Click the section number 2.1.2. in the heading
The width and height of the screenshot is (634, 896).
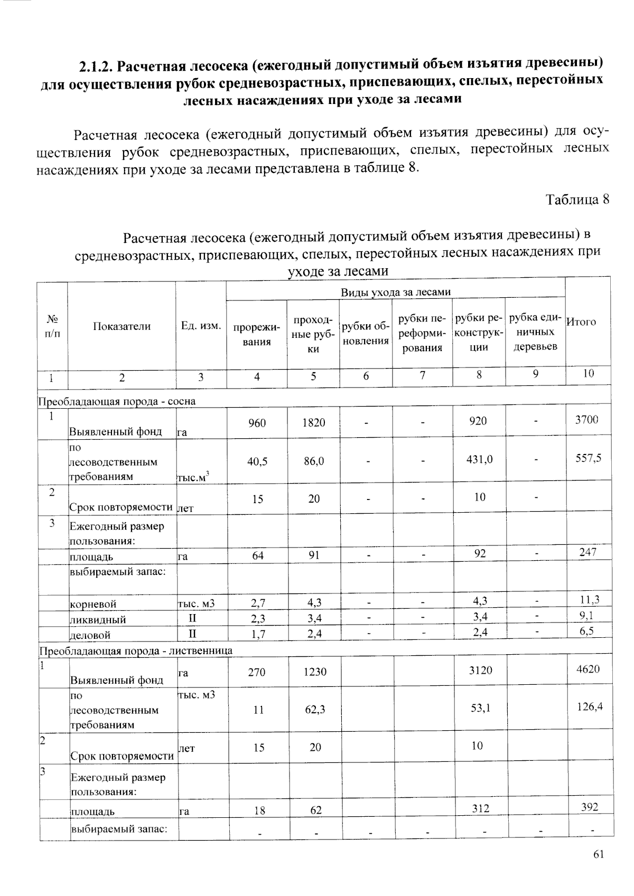pos(96,67)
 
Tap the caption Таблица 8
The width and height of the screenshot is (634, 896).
pos(577,200)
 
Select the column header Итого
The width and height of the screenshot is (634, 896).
pos(581,322)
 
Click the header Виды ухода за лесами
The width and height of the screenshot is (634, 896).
pos(395,292)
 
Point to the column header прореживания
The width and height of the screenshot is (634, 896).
pos(256,334)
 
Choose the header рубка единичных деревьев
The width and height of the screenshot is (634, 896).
pos(535,332)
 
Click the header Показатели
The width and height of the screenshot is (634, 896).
pos(122,326)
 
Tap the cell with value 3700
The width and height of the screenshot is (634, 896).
pos(586,420)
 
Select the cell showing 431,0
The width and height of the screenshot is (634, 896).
pos(479,459)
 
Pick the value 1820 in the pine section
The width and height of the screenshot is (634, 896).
pos(313,423)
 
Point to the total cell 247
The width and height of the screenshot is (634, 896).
pos(588,552)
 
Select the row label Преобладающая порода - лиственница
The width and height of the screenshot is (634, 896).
pos(135,650)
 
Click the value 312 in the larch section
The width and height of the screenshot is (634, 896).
pos(480,808)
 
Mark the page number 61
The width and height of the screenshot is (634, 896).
pos(598,855)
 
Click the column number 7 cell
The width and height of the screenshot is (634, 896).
pos(422,375)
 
